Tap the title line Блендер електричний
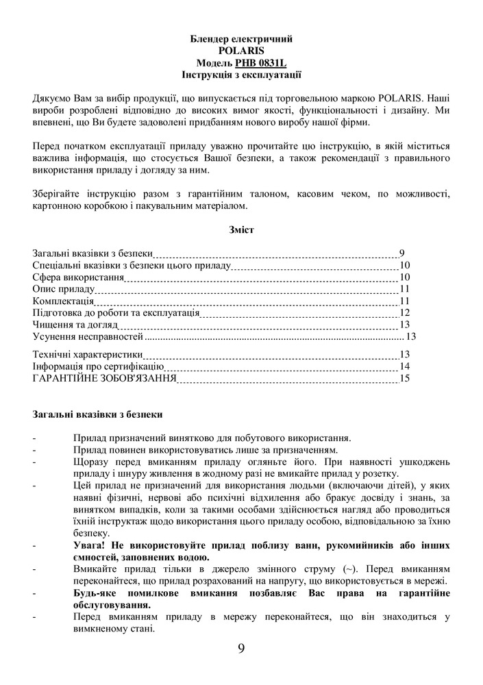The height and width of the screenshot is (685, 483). (241, 39)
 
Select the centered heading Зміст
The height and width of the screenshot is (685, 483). (241, 230)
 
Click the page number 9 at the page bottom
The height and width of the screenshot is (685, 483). (241, 649)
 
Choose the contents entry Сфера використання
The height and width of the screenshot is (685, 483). (78, 277)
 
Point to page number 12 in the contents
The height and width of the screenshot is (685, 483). (404, 312)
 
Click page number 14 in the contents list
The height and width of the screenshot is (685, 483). (404, 366)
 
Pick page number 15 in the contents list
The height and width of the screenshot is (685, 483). (404, 378)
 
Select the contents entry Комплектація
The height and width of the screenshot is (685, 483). (63, 301)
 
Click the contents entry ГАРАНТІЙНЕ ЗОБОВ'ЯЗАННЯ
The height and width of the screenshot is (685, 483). (105, 378)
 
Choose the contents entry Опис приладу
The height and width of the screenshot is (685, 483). (64, 289)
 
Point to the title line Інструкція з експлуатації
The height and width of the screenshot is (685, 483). (241, 74)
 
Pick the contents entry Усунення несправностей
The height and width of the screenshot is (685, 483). (88, 336)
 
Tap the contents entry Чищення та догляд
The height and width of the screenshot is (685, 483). (75, 324)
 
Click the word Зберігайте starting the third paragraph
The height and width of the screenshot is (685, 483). (57, 194)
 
